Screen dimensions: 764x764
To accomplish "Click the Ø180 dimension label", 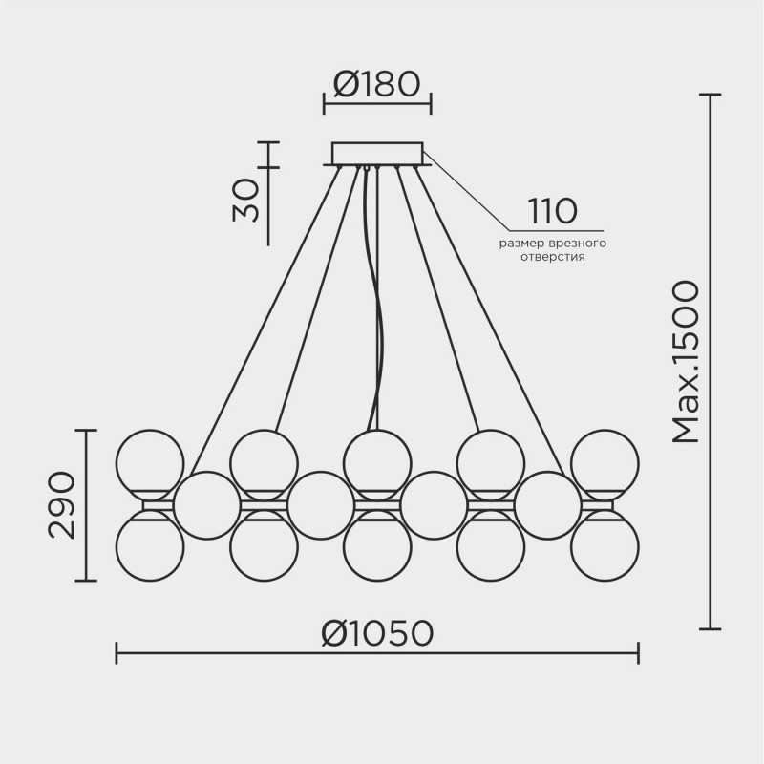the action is coord(376,84).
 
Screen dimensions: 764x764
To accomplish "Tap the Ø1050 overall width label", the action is coord(377,633).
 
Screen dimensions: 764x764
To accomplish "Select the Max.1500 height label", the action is coord(686,363).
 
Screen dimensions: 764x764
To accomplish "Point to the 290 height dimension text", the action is coord(62,505).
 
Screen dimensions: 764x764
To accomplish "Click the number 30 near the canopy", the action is coord(246,201).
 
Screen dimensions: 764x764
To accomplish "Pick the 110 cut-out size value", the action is coord(553,211).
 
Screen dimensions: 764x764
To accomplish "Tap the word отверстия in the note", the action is coord(553,257).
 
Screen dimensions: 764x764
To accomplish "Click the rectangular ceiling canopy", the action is coord(377,154).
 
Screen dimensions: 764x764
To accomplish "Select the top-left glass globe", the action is coord(150,463).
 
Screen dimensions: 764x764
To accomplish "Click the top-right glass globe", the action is coord(605,463).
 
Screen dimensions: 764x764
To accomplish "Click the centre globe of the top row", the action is coord(377,463).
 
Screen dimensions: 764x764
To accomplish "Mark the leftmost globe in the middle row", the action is coord(207,505).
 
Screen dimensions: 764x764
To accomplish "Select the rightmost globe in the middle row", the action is coord(547,505).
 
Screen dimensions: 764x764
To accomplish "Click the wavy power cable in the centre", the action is coord(374,298).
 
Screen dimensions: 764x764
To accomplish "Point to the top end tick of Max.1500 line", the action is coord(710,95).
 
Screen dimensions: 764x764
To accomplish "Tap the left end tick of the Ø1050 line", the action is coord(116,653).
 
